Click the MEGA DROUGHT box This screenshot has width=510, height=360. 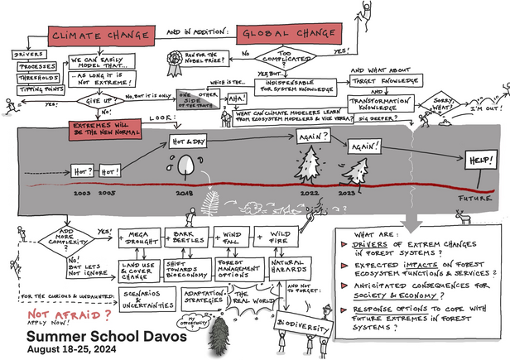139,238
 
